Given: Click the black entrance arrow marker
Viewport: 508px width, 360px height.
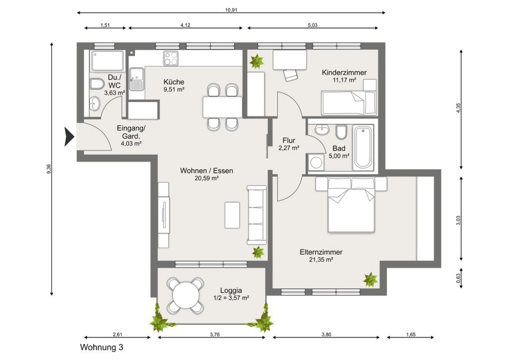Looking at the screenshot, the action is click(x=69, y=137).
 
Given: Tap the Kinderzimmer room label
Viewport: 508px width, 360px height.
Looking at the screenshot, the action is click(x=344, y=72).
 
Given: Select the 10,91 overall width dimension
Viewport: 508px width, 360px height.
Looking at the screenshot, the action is click(x=231, y=10).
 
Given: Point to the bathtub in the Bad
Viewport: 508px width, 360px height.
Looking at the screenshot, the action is click(x=363, y=148).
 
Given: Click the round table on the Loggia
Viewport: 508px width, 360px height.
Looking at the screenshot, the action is click(x=186, y=295).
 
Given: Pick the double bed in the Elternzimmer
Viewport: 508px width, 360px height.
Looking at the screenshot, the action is click(x=351, y=205).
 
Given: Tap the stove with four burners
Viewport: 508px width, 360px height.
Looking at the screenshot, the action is click(x=171, y=59).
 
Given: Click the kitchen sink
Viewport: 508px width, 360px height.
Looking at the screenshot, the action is click(x=137, y=79).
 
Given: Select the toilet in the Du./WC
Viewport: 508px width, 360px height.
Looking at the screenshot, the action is click(x=96, y=84).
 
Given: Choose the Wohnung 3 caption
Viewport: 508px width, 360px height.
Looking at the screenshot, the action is click(x=102, y=348).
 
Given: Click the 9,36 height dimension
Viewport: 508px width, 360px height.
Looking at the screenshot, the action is click(x=49, y=169).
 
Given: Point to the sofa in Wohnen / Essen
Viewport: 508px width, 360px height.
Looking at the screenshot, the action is click(x=257, y=215).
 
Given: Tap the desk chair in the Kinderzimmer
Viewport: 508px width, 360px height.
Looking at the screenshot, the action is click(x=291, y=75).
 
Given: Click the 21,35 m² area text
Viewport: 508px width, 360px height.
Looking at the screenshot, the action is click(x=321, y=260).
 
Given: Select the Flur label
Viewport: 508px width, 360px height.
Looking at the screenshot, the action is click(x=289, y=141).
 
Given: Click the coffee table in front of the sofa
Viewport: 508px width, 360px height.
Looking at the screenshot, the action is click(x=232, y=215).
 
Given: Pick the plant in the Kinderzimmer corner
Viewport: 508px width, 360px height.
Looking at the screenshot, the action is click(x=256, y=61).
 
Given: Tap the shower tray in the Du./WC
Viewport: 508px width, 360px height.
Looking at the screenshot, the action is click(x=107, y=61).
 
